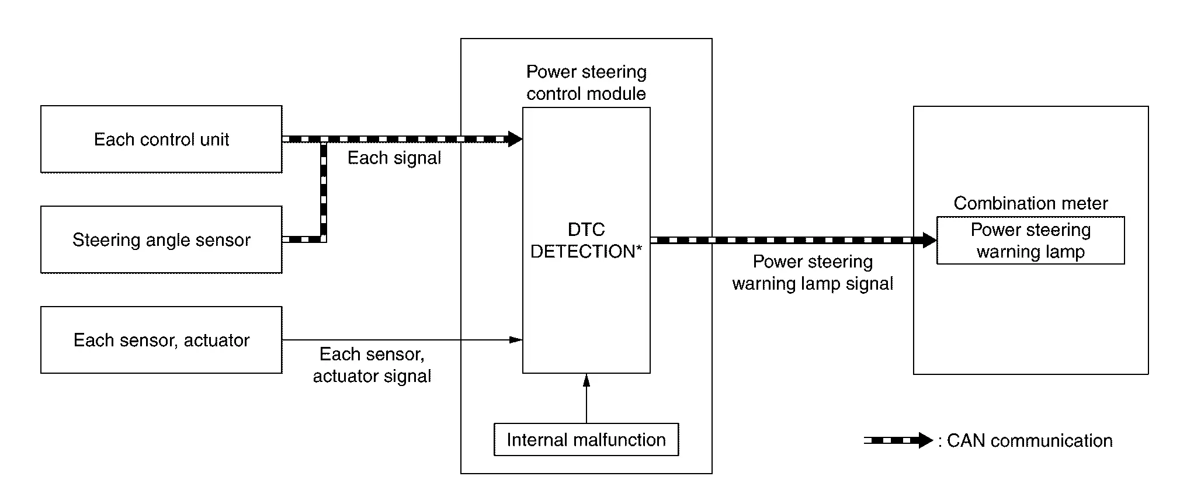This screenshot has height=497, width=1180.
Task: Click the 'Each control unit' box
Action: click(161, 139)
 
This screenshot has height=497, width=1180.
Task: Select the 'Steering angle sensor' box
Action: click(161, 239)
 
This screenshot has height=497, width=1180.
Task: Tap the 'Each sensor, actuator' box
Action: click(161, 340)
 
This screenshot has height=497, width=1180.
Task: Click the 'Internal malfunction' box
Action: click(586, 440)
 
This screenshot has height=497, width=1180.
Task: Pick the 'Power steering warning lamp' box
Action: click(1030, 241)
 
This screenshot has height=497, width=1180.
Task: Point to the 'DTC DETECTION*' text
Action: click(586, 240)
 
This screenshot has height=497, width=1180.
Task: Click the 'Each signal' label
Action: click(394, 158)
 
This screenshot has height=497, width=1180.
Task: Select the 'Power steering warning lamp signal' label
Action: click(813, 273)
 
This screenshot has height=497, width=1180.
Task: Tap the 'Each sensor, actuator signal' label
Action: click(372, 365)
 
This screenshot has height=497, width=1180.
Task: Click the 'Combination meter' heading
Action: click(1030, 203)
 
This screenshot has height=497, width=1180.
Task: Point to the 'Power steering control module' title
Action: click(586, 82)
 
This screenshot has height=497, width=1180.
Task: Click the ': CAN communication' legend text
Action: click(1025, 440)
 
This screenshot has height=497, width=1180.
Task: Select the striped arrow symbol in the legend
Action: click(898, 440)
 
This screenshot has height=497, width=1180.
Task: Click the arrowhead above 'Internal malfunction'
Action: click(586, 380)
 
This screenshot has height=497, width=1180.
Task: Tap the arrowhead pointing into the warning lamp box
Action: click(930, 240)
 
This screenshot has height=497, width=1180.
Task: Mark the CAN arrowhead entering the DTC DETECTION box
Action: click(515, 139)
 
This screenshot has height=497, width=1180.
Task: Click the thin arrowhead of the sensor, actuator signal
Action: click(516, 340)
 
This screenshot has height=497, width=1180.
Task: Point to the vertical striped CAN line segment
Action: click(323, 190)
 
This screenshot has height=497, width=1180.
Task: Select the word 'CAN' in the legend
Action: click(966, 440)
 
